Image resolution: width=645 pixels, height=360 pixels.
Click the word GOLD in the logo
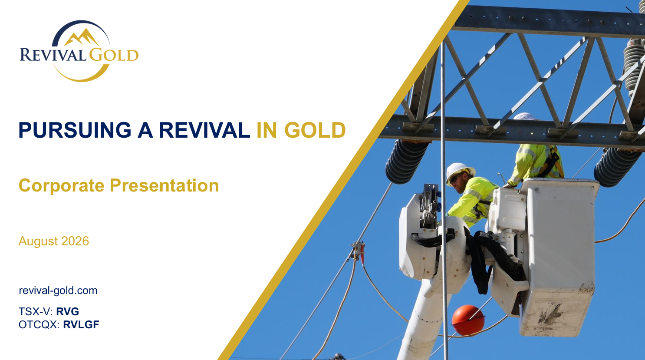tap(114, 55)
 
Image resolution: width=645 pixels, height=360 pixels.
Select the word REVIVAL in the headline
tap(204, 130)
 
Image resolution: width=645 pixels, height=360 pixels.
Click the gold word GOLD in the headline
tap(315, 130)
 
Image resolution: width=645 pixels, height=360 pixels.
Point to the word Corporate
tap(61, 185)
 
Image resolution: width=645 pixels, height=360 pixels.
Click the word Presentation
tap(165, 185)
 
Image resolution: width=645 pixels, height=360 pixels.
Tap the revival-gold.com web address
tap(58, 291)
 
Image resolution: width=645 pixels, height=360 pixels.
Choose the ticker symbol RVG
tap(67, 312)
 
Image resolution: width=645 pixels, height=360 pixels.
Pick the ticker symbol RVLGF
tap(81, 324)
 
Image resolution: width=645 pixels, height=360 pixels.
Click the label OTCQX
tap(39, 325)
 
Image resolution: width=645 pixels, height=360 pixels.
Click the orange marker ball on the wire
tap(468, 320)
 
